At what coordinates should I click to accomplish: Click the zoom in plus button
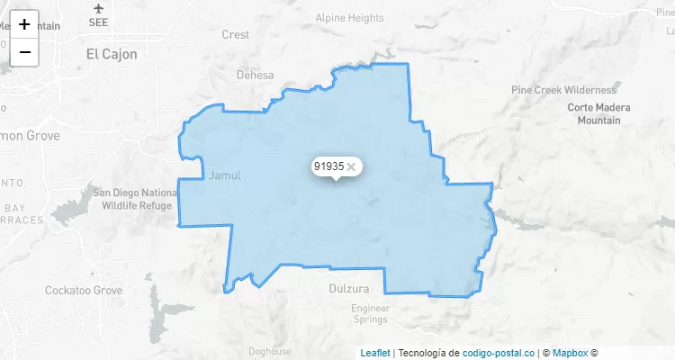point(24,24)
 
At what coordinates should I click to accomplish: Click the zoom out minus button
point(24,52)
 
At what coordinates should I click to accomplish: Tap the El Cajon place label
point(112,54)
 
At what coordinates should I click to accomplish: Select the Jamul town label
point(225,175)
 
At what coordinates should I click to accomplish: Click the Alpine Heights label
point(350,18)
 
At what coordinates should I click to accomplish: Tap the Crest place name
point(235,35)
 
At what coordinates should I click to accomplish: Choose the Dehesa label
point(255,76)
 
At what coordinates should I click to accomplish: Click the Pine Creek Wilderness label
point(564,90)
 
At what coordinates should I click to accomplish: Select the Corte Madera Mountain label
point(599,113)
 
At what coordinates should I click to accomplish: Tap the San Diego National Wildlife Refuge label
point(135,199)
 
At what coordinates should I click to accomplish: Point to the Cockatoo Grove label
point(84,291)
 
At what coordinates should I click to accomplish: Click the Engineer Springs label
point(370,313)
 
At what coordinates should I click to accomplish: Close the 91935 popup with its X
point(352,166)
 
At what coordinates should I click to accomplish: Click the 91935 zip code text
point(328,166)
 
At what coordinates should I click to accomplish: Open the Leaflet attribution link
point(375,353)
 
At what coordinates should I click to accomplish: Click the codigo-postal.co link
point(499,353)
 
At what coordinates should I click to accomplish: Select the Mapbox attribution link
point(571,353)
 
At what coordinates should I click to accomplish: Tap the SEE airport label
point(99,22)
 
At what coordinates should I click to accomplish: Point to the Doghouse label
point(270,352)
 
